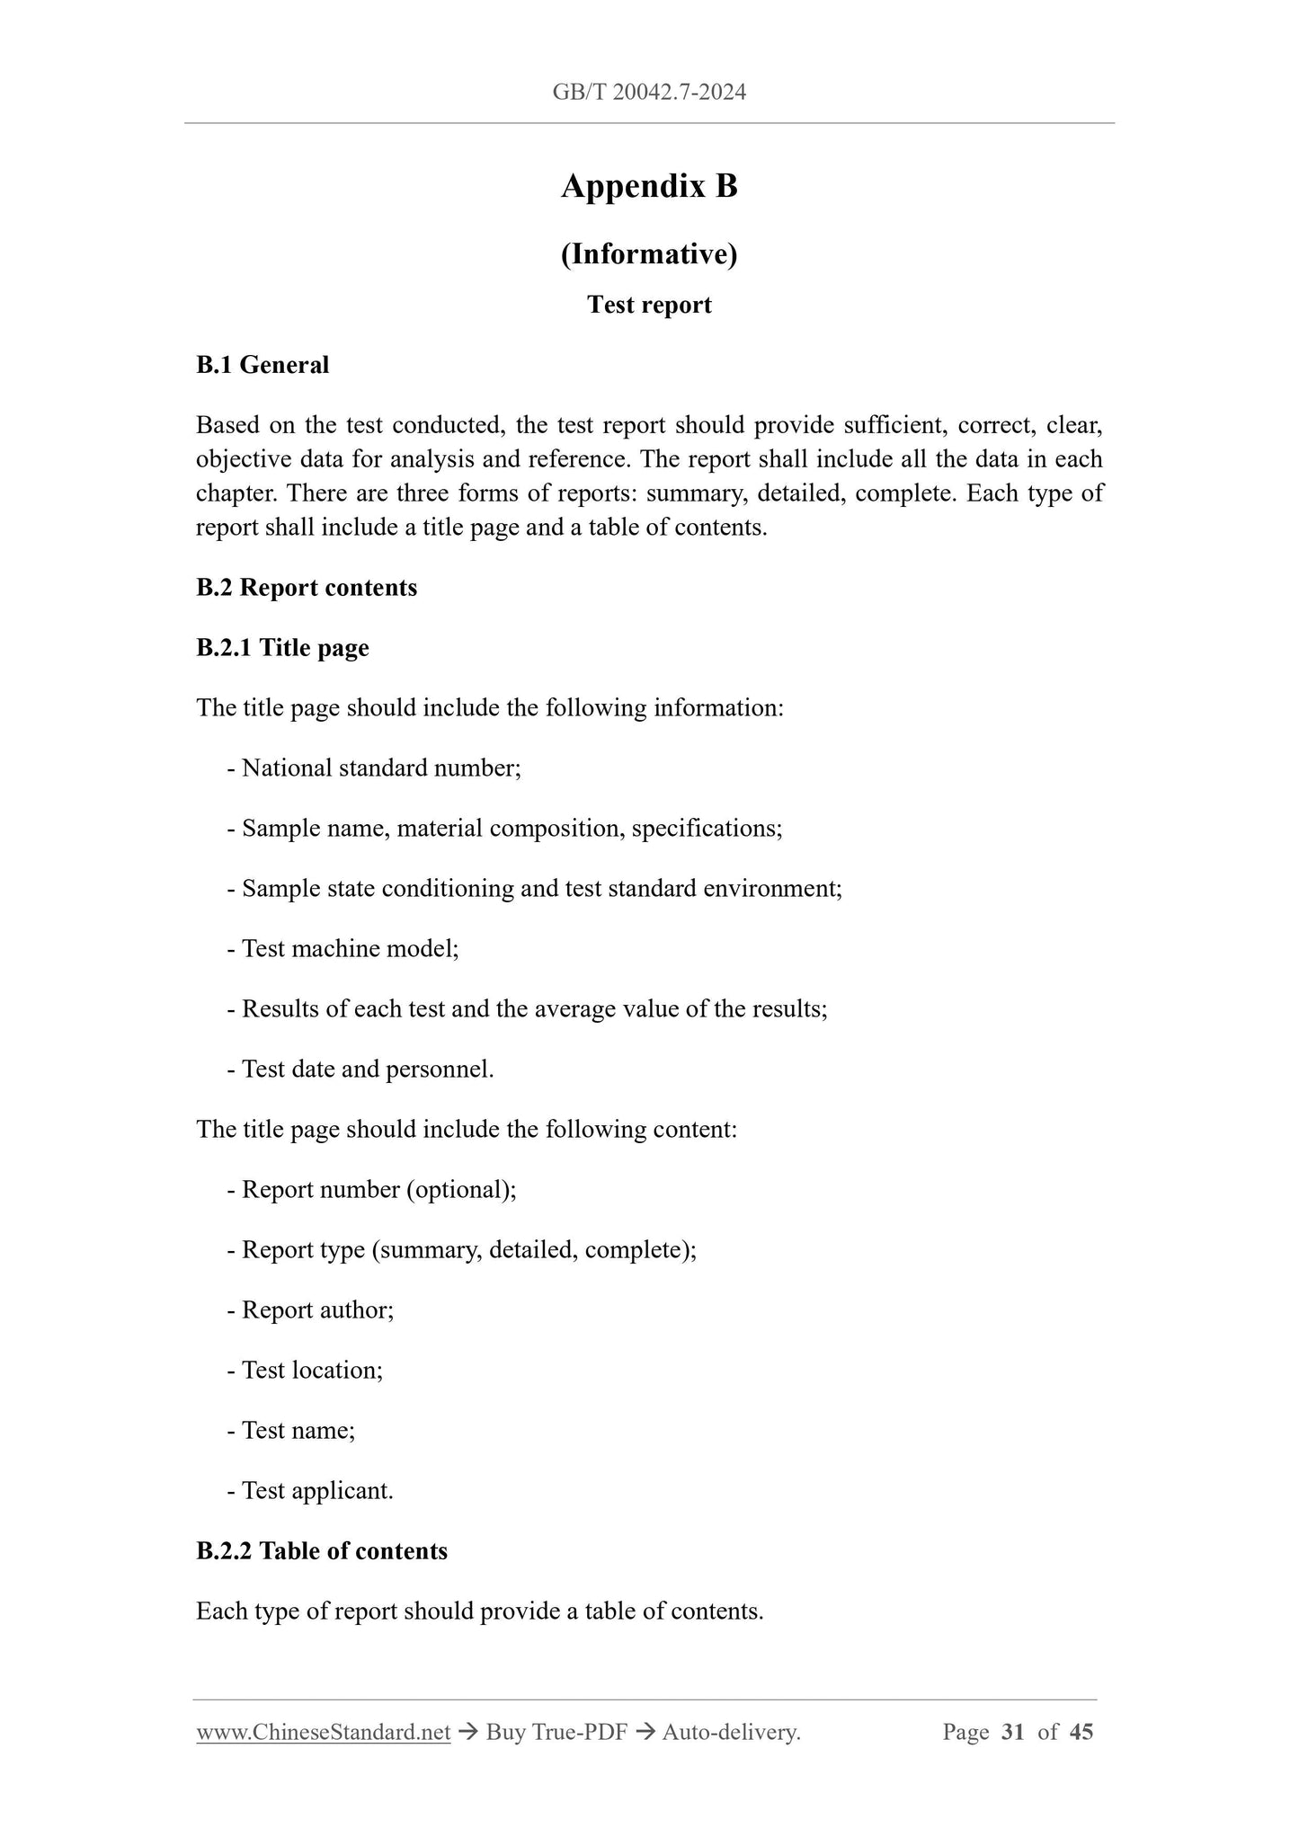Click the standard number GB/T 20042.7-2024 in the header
coord(649,92)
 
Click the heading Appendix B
coord(649,186)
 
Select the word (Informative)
coord(649,254)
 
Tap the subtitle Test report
coord(649,305)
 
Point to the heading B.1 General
coord(262,365)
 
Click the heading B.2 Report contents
coord(307,588)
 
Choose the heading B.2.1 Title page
coord(282,648)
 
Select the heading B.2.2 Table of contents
coord(322,1551)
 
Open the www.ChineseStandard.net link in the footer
coord(323,1732)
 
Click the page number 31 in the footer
coord(1012,1732)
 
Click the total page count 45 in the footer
coord(1081,1732)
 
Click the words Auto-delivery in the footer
coord(730,1732)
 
